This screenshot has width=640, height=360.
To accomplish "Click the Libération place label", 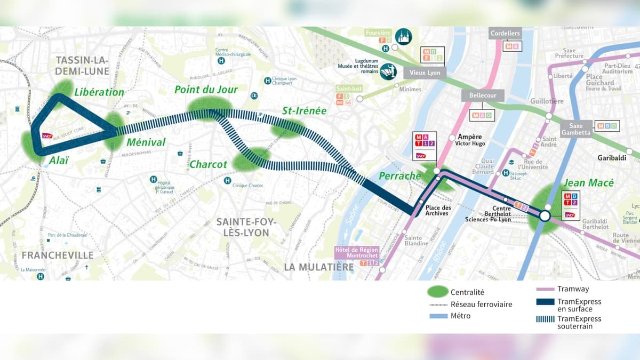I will coord(99,92).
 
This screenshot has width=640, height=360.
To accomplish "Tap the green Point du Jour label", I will coord(206,89).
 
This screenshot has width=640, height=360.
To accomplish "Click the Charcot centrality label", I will coord(209,164).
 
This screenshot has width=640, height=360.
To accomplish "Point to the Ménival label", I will coord(146,142).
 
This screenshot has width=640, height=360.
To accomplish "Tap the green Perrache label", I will coord(400,175).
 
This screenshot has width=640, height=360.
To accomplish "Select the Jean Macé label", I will coord(589,183).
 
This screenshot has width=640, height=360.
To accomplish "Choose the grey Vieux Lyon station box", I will coord(425,73).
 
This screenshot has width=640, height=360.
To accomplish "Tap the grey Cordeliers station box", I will coord(505,34).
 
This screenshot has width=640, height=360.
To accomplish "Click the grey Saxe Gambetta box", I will coord(576,129).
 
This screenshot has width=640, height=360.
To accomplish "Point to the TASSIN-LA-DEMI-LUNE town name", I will coord(82,65).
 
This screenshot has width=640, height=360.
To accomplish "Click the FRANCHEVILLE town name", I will coord(58,255).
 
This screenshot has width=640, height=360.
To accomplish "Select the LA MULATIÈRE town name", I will coord(319,267).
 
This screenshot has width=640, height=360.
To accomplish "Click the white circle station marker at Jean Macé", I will coord(545,216).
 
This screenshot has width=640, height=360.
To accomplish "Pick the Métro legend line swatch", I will coord(437,316).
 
